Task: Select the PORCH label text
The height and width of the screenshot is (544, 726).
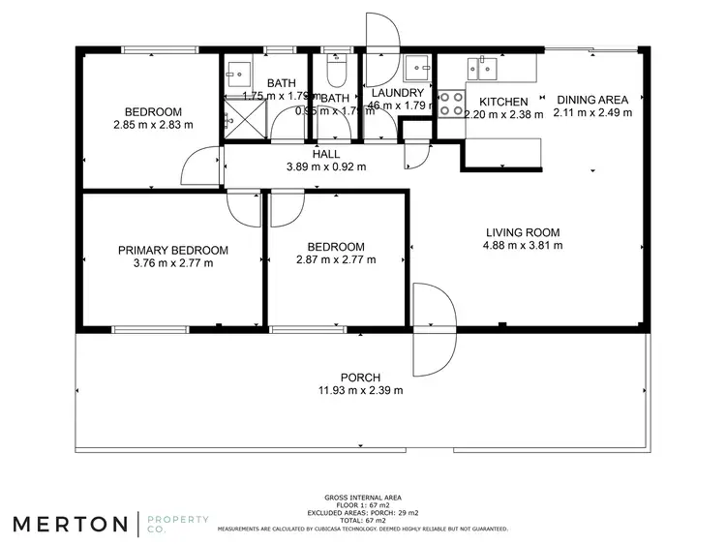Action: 360,378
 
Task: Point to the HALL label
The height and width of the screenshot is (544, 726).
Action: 326,154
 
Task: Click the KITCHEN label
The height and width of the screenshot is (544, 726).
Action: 503,102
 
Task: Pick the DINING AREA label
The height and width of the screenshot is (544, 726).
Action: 591,100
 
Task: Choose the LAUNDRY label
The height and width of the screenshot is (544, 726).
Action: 398,93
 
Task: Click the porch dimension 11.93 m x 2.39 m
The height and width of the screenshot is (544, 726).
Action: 360,390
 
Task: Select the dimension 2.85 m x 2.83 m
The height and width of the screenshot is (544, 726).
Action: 153,125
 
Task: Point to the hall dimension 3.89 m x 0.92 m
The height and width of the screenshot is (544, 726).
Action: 326,166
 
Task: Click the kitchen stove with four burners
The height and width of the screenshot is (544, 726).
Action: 452,104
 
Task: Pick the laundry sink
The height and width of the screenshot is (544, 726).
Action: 418,67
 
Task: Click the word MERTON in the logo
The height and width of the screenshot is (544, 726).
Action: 70,524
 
